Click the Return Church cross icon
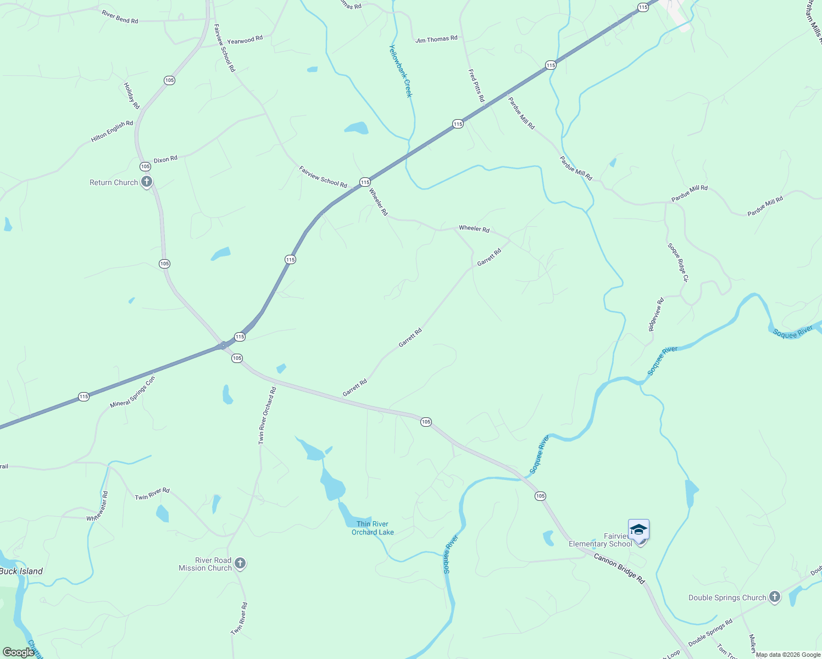pyautogui.click(x=146, y=182)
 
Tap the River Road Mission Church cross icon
pyautogui.click(x=240, y=563)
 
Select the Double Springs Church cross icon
pyautogui.click(x=774, y=597)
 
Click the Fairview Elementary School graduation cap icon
pyautogui.click(x=638, y=530)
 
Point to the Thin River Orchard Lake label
pyautogui.click(x=373, y=528)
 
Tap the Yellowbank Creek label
pyautogui.click(x=401, y=71)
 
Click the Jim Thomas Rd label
pyautogui.click(x=436, y=39)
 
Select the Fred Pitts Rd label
pyautogui.click(x=476, y=85)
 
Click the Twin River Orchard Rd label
pyautogui.click(x=267, y=415)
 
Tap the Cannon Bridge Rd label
pyautogui.click(x=619, y=568)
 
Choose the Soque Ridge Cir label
pyautogui.click(x=677, y=263)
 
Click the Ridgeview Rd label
pyautogui.click(x=656, y=314)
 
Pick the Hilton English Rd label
pyautogui.click(x=112, y=131)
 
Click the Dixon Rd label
pyautogui.click(x=165, y=159)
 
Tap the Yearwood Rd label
pyautogui.click(x=245, y=40)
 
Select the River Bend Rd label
pyautogui.click(x=120, y=16)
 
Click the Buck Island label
pyautogui.click(x=21, y=571)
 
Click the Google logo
pyautogui.click(x=18, y=652)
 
